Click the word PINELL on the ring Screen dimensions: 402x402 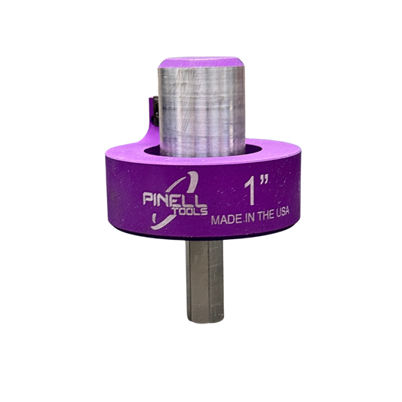174,199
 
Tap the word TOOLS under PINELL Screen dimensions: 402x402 191,212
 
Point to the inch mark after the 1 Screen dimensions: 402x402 264,180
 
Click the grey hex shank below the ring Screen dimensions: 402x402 204,281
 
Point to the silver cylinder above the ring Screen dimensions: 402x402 202,109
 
